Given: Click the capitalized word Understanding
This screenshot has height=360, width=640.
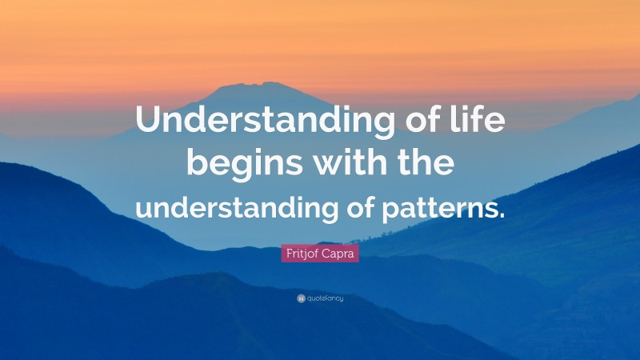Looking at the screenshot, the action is tap(266, 121).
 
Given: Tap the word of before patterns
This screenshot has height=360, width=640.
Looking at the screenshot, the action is tap(360, 206).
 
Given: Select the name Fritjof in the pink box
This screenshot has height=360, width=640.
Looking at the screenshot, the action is tap(302, 254).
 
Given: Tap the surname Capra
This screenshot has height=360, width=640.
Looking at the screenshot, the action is tap(338, 254).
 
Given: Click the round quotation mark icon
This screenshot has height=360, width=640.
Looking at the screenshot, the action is tap(302, 298).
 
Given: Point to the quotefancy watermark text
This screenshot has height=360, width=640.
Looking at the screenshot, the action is tap(326, 298).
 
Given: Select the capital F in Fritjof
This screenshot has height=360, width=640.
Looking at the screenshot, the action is tap(290, 254).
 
